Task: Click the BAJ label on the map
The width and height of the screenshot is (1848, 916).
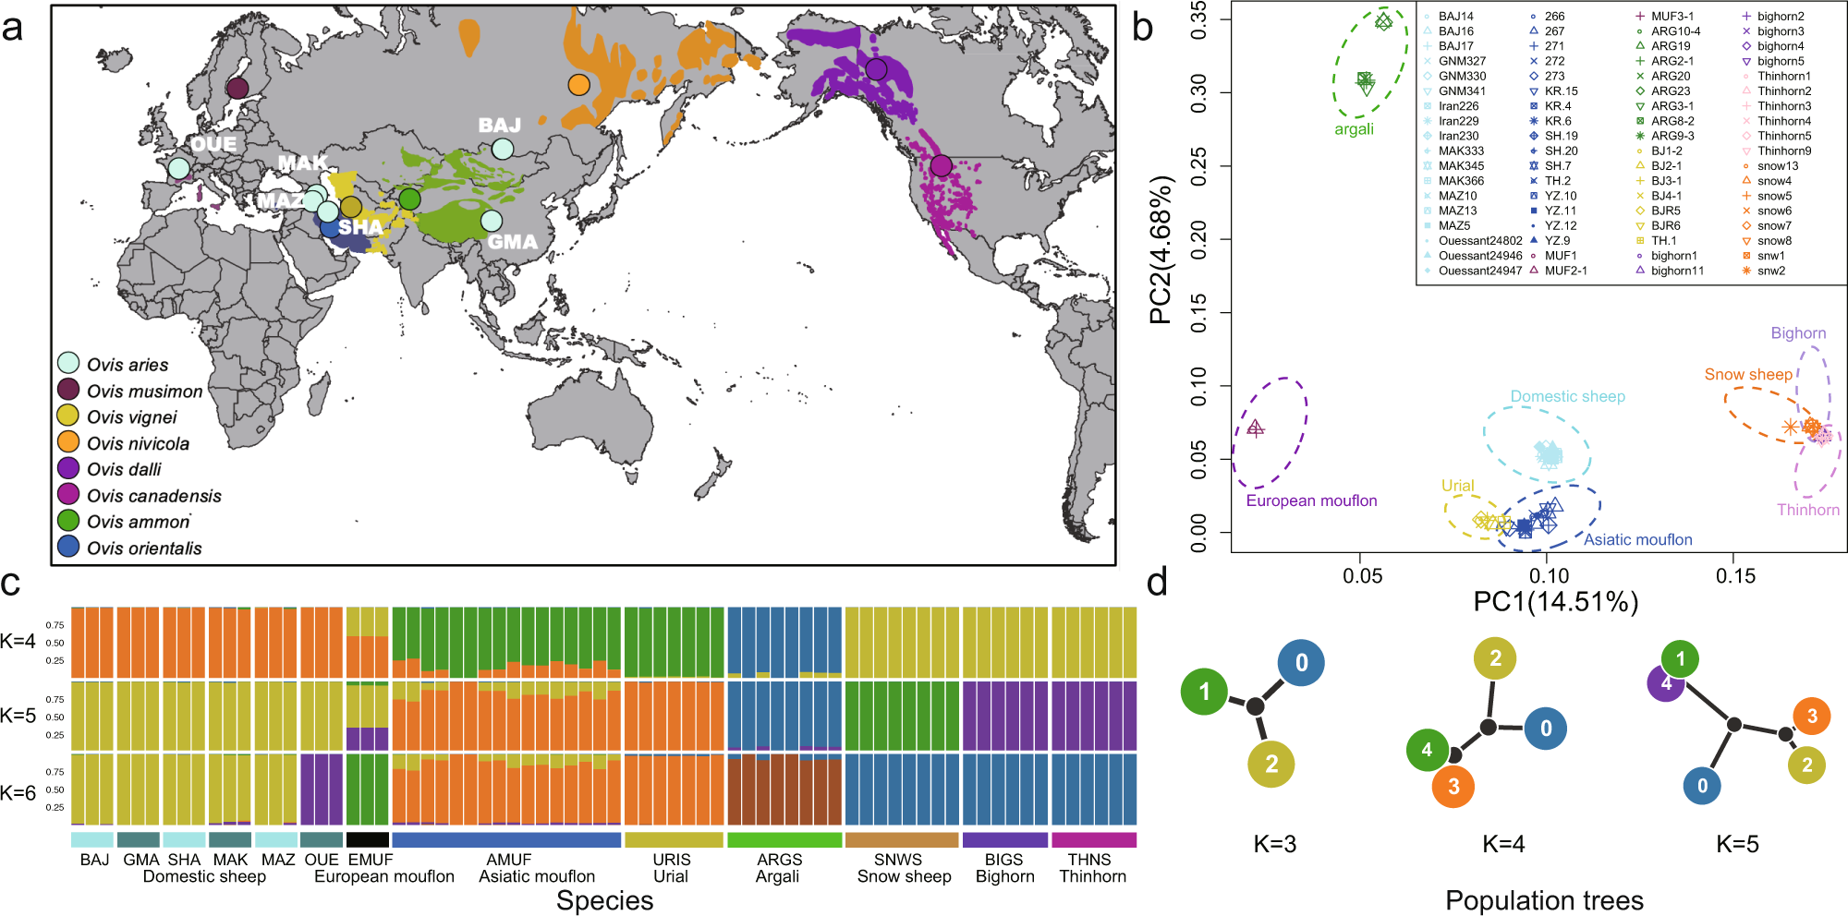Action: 499,125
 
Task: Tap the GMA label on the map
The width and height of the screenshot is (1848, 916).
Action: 512,242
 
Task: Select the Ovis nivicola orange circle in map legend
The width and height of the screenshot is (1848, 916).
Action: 68,441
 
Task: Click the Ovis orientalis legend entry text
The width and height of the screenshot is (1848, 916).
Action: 144,548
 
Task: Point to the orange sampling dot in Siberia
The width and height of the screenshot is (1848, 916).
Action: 578,85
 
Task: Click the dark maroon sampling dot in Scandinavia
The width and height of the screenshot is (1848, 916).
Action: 237,88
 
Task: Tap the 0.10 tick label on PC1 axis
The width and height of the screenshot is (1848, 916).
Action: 1549,576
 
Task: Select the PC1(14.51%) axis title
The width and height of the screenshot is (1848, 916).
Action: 1555,602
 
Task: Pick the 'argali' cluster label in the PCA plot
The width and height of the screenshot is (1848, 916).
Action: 1354,129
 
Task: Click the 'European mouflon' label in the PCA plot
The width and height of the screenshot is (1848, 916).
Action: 1311,500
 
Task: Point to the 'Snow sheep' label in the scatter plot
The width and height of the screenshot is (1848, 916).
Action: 1748,374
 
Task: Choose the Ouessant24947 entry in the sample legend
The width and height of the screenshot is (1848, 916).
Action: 1479,271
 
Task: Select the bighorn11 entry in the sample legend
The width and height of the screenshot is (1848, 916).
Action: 1677,271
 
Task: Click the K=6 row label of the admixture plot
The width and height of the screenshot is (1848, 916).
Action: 18,792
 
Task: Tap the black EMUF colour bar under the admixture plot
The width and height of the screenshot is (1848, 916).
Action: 368,840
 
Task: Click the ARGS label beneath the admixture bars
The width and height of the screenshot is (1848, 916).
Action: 779,860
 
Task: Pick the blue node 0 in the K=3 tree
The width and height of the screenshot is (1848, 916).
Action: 1301,662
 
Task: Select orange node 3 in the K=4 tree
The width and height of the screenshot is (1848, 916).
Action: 1453,787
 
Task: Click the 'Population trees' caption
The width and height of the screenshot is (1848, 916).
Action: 1544,900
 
